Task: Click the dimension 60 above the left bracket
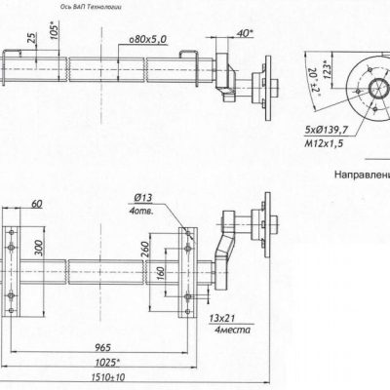coord(36,205)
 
